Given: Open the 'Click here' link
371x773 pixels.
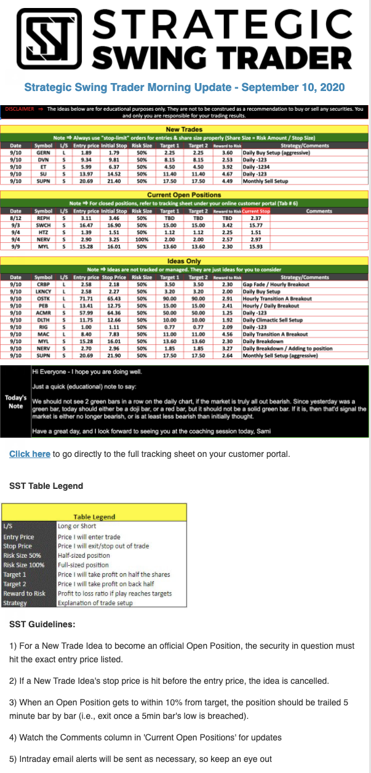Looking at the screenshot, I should click(x=30, y=454).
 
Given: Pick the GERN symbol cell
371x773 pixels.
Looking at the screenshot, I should click(x=44, y=152).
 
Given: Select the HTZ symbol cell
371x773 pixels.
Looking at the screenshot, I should click(x=44, y=231).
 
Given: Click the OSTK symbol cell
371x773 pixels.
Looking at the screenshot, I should click(x=44, y=298).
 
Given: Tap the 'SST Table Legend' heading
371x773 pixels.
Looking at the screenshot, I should click(x=46, y=486).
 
